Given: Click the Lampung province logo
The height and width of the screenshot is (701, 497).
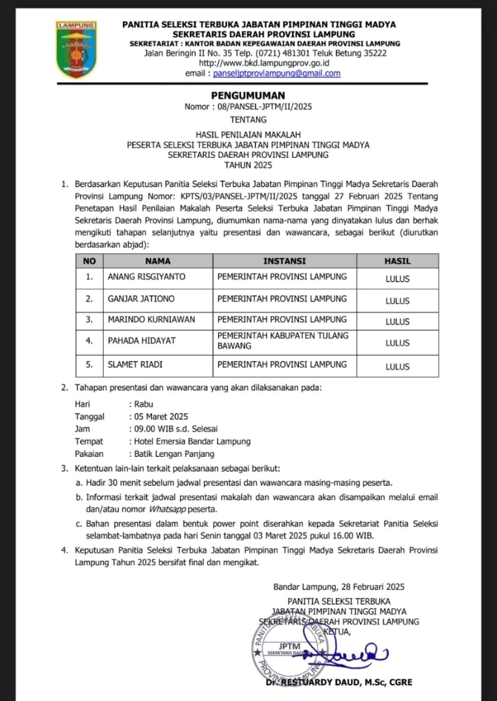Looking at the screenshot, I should point(76,49).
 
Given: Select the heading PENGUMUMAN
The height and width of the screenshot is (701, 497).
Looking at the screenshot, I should point(248,96).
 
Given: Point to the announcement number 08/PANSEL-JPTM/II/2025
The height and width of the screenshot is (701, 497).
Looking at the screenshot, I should point(265,107).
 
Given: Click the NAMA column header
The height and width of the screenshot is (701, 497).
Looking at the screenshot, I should point(158,261).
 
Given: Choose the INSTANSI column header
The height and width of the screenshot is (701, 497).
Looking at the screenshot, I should point(284,261).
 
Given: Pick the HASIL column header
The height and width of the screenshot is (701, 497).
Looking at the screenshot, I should point(397,261).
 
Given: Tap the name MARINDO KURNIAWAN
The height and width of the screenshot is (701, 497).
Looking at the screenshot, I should point(151,320).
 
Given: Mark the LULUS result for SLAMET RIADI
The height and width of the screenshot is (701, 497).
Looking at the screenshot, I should point(397,367).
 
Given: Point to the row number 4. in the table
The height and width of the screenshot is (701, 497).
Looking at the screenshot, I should point(89,341).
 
